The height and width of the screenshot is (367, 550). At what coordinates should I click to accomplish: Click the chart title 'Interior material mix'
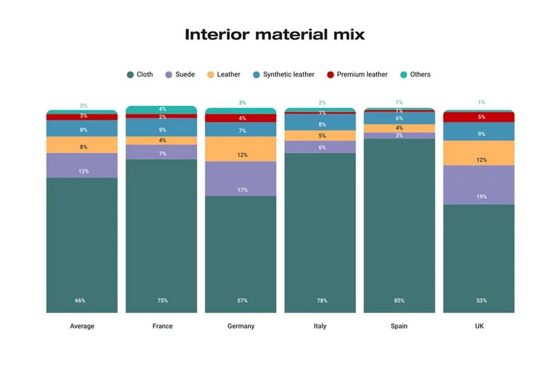[x=275, y=34]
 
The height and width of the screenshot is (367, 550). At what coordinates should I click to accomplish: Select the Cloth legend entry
[x=140, y=74]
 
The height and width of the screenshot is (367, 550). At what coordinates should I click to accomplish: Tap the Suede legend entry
[x=180, y=74]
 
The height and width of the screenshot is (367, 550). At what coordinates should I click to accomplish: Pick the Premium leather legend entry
[x=357, y=74]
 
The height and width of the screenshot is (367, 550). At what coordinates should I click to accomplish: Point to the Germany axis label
[x=241, y=326]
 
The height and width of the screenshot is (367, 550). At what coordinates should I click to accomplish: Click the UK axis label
[x=479, y=326]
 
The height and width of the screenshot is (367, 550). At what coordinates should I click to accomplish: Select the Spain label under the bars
[x=399, y=326]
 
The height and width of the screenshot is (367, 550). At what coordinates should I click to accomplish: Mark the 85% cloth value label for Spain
[x=399, y=300]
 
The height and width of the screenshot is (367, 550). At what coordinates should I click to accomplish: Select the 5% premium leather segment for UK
[x=479, y=117]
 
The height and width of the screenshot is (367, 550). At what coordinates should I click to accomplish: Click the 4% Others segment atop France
[x=161, y=109]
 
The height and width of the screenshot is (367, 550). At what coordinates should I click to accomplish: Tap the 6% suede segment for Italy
[x=320, y=147]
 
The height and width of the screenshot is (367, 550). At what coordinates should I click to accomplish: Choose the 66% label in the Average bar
[x=80, y=300]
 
